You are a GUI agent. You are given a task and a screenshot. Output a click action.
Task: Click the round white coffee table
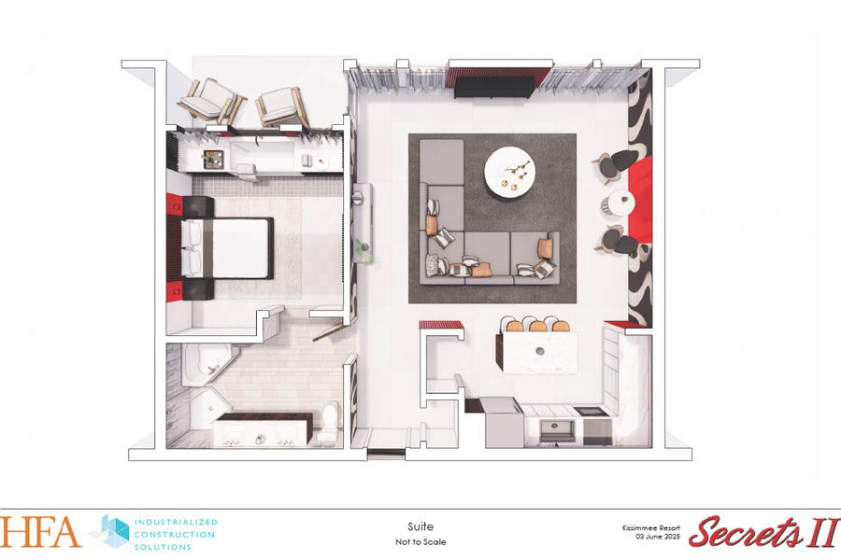[509, 173]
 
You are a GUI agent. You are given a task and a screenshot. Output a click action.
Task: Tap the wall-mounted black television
[494, 88]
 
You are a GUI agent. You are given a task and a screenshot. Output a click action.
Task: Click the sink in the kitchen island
[540, 352]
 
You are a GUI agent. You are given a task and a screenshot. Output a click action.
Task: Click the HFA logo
[39, 532]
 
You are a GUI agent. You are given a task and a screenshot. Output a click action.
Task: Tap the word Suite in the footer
[420, 526]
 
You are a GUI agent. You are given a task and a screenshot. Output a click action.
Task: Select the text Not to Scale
[420, 541]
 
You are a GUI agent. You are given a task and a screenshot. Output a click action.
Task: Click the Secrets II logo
[764, 532]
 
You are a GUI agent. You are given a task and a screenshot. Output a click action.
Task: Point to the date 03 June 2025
[658, 537]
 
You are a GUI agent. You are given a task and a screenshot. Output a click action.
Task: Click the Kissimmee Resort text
[651, 528]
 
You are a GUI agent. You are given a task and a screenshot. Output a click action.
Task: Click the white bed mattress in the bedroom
[240, 248]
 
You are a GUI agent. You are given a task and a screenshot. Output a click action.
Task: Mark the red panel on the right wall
[640, 199]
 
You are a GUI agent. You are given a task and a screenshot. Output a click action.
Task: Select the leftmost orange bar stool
[514, 325]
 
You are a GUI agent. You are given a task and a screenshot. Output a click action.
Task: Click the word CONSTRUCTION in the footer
[175, 534]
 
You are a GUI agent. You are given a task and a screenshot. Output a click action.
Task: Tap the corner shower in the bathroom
[209, 411]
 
